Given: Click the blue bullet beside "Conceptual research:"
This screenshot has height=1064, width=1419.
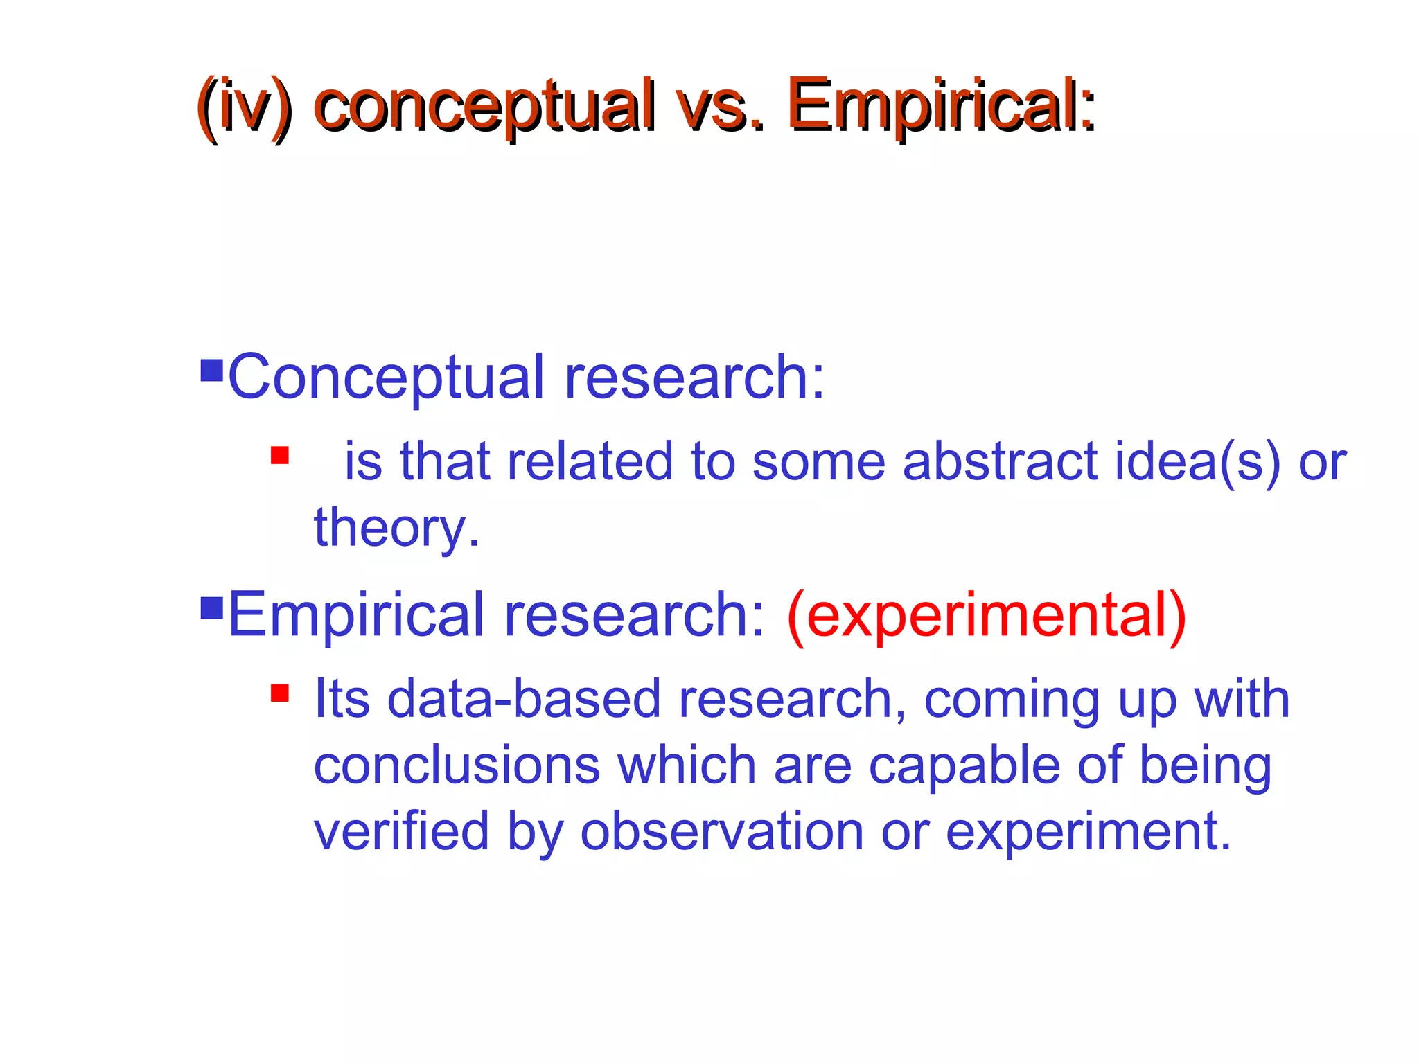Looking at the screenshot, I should (x=211, y=371).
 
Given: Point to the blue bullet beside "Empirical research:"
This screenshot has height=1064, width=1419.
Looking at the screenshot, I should (x=211, y=608).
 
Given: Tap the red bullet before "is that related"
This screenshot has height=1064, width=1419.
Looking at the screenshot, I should (x=280, y=455).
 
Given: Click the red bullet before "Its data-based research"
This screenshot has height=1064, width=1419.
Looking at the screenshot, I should (x=280, y=693).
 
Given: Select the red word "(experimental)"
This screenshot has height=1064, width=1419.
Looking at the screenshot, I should (x=987, y=615).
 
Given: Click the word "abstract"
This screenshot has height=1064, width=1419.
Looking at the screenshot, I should (x=1001, y=461).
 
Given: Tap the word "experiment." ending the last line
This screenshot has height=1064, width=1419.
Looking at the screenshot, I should (x=1089, y=832).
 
